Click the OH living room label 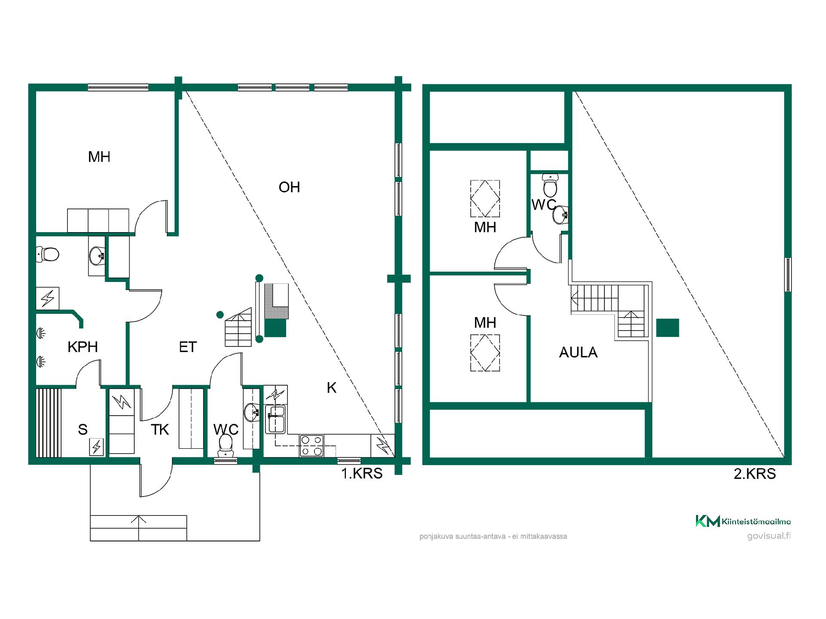coord(289,187)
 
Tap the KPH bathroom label coord(83,347)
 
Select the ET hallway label coord(188,347)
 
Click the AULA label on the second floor coord(578,352)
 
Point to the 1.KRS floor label coord(362,473)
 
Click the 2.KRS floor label coord(755,474)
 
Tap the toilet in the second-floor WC coord(550,185)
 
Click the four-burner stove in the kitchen coord(312,445)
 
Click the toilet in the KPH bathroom coord(47,254)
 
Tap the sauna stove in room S coord(96,447)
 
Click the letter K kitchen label coord(331,388)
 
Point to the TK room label coord(160,429)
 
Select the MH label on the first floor coord(99,157)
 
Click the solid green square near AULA coord(668,328)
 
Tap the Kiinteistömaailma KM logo coord(707,521)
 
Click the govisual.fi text coord(769,536)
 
